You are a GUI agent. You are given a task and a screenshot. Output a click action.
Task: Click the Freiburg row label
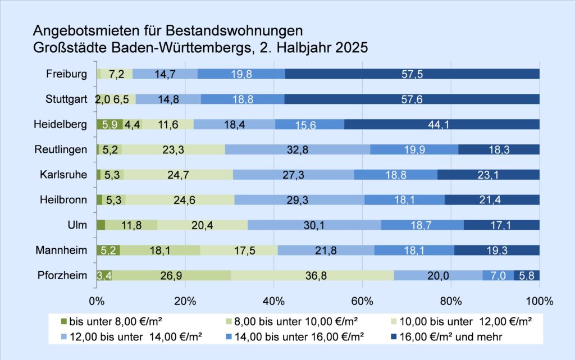click(x=67, y=74)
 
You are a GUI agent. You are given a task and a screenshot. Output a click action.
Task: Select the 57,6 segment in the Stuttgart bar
click(x=412, y=99)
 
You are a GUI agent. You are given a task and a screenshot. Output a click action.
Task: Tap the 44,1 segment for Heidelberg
click(x=441, y=124)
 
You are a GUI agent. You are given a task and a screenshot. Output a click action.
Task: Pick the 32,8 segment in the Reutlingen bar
click(x=298, y=149)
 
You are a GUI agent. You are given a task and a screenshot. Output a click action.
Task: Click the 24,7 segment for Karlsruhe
click(x=178, y=175)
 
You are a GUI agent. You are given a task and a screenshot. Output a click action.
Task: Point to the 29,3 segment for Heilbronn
click(x=299, y=199)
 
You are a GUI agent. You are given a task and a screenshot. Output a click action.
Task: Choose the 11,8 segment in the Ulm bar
click(x=131, y=225)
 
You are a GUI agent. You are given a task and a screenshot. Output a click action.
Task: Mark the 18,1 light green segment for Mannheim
click(x=159, y=250)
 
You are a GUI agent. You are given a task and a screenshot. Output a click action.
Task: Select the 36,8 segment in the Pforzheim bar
click(x=312, y=275)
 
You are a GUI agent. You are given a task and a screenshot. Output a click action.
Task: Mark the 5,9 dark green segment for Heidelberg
click(x=109, y=124)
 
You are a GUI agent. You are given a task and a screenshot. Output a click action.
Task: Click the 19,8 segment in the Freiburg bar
click(x=241, y=74)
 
